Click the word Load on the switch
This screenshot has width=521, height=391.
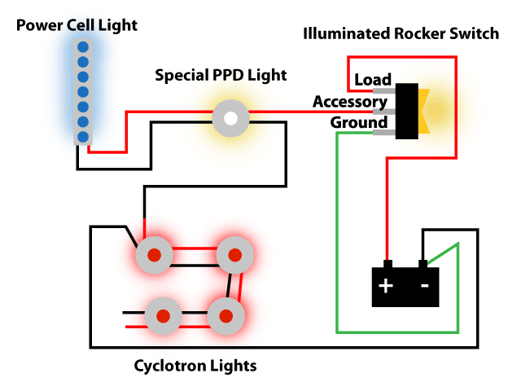pyautogui.click(x=373, y=80)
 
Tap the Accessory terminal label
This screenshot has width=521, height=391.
pyautogui.click(x=350, y=102)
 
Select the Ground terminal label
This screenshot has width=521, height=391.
pyautogui.click(x=359, y=122)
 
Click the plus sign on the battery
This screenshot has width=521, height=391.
pyautogui.click(x=385, y=286)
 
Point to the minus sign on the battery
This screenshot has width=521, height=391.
pyautogui.click(x=425, y=286)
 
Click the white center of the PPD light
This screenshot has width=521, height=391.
pyautogui.click(x=230, y=118)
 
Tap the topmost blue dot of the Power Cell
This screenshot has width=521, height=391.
pyautogui.click(x=83, y=47)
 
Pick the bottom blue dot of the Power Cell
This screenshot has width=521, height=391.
pyautogui.click(x=83, y=137)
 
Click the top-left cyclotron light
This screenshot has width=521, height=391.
pyautogui.click(x=154, y=255)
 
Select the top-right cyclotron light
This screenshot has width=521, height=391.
pyautogui.click(x=235, y=255)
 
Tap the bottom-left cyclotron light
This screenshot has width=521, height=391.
pyautogui.click(x=163, y=316)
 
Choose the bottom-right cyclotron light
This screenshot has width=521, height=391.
pyautogui.click(x=226, y=316)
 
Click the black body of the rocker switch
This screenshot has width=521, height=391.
pyautogui.click(x=407, y=111)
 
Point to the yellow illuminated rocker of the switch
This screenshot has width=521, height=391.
pyautogui.click(x=424, y=111)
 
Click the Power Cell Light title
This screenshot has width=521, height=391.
pyautogui.click(x=77, y=25)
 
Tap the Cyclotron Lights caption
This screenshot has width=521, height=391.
pyautogui.click(x=195, y=366)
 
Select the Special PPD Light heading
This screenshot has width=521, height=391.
pyautogui.click(x=221, y=75)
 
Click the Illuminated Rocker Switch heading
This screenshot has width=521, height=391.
pyautogui.click(x=401, y=33)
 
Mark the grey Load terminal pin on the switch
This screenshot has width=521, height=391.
pyautogui.click(x=384, y=90)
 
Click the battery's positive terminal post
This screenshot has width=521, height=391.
pyautogui.click(x=387, y=264)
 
